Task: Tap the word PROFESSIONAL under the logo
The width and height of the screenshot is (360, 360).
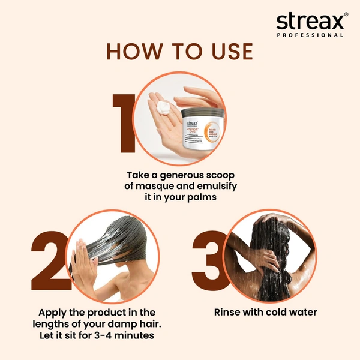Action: click(x=310, y=35)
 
